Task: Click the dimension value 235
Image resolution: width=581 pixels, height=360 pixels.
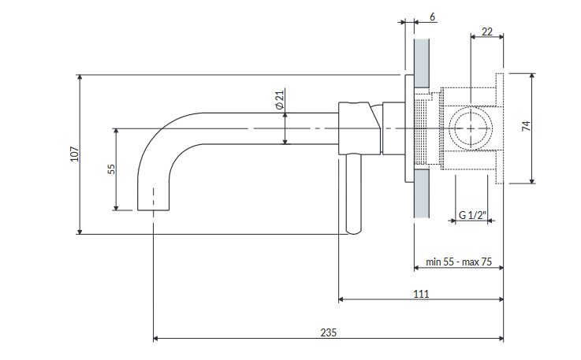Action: [328, 332]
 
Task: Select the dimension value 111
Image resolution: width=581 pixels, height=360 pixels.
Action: [421, 294]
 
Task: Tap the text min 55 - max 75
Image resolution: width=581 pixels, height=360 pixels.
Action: [459, 262]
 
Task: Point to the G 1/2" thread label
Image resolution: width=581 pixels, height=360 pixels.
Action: [472, 215]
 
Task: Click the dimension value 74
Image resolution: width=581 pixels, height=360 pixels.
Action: [526, 126]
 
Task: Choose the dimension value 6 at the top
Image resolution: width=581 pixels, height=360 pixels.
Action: [432, 17]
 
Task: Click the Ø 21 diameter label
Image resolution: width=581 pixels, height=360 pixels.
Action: [280, 99]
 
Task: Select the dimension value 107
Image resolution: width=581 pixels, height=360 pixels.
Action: [74, 154]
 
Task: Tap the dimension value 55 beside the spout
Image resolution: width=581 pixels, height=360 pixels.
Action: [111, 169]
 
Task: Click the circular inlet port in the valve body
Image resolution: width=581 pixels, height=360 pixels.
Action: [471, 128]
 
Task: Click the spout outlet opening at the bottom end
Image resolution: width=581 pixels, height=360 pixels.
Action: [154, 210]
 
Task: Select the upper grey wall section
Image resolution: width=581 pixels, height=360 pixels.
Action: [422, 63]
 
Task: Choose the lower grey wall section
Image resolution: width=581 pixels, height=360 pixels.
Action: [422, 194]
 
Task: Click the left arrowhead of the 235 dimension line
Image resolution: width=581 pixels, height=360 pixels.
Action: [155, 338]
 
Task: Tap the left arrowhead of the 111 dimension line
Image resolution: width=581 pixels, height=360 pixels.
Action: [341, 299]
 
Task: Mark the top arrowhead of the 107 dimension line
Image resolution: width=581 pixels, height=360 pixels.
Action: [80, 77]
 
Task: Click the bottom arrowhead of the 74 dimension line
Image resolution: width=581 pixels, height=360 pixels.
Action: [532, 180]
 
